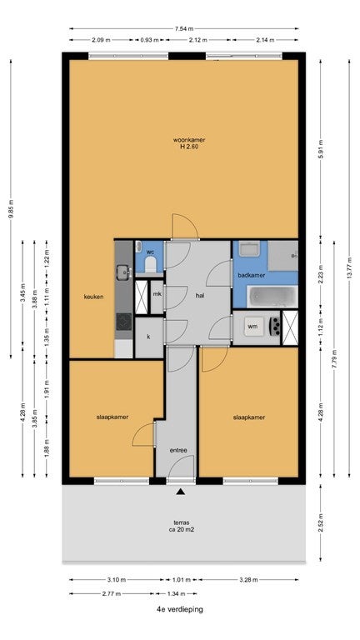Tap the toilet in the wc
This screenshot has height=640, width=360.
click(x=151, y=264)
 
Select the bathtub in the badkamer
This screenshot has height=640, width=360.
click(x=272, y=297)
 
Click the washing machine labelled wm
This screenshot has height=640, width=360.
click(x=252, y=327)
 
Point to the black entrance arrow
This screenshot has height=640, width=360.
click(x=180, y=492)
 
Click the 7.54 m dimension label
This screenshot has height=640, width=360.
click(x=184, y=28)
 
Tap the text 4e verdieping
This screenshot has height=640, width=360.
click(x=180, y=609)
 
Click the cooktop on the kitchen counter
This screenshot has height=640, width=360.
click(x=123, y=321)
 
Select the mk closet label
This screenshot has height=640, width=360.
click(x=157, y=293)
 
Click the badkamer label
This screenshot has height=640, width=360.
click(x=252, y=275)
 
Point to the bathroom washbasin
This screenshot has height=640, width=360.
click(x=249, y=248)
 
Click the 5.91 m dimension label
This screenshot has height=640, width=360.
click(x=320, y=149)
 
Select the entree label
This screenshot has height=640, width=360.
click(x=178, y=451)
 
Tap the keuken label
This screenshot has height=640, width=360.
click(x=93, y=297)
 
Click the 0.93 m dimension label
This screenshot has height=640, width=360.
click(x=149, y=40)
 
